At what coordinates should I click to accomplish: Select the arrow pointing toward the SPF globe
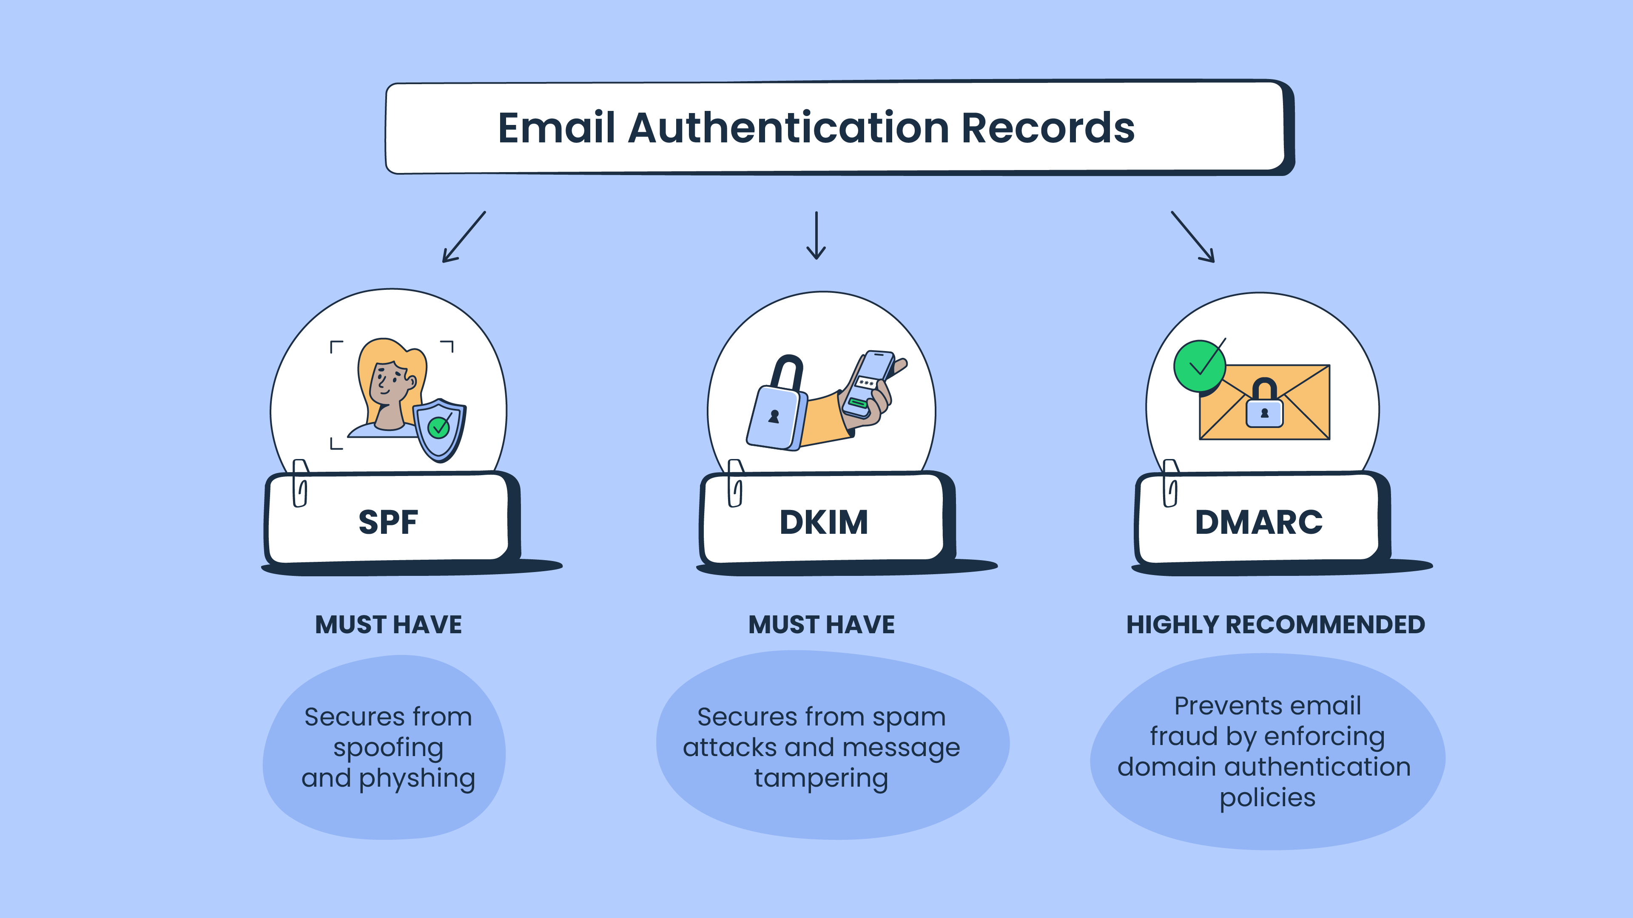464,237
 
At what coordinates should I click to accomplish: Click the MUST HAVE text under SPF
389,625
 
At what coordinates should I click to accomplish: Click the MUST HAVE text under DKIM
822,625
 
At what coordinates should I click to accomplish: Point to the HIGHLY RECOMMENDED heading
1275,625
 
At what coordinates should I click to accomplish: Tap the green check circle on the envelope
1199,366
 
